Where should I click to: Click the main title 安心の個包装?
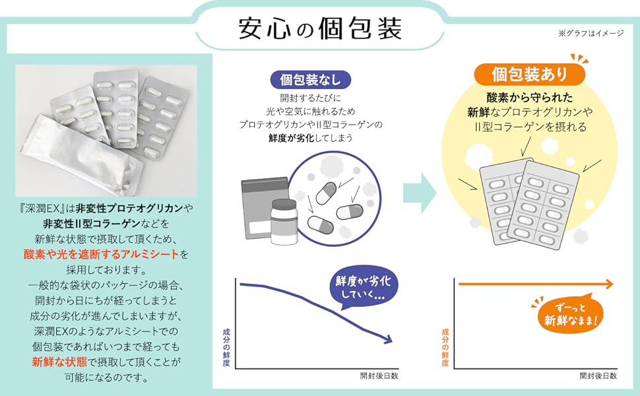point(319,28)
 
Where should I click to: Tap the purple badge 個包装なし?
point(310,80)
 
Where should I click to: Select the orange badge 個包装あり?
point(529,73)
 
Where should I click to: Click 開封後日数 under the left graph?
point(379,376)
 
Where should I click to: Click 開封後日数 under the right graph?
point(598,376)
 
